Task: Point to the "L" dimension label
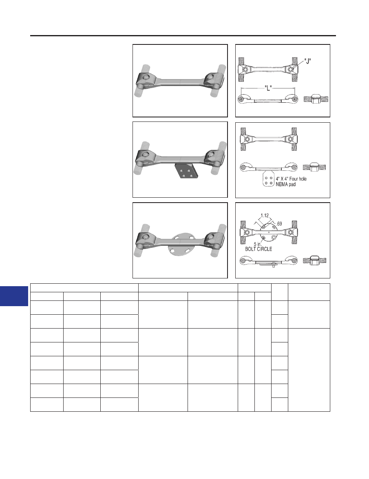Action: [x=268, y=88]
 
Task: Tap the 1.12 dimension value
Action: [x=265, y=215]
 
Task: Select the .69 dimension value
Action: [x=279, y=224]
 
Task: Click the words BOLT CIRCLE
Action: [x=259, y=249]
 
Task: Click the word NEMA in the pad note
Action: [x=282, y=184]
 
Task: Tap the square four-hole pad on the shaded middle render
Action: [x=186, y=171]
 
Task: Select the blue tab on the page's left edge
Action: [x=14, y=296]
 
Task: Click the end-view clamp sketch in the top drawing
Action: [x=316, y=99]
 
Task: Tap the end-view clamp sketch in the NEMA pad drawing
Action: [x=314, y=167]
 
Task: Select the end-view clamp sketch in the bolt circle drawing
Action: [x=315, y=260]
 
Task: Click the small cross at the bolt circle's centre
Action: [x=269, y=232]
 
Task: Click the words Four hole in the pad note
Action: [x=298, y=179]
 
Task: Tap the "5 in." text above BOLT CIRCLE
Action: [x=258, y=244]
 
